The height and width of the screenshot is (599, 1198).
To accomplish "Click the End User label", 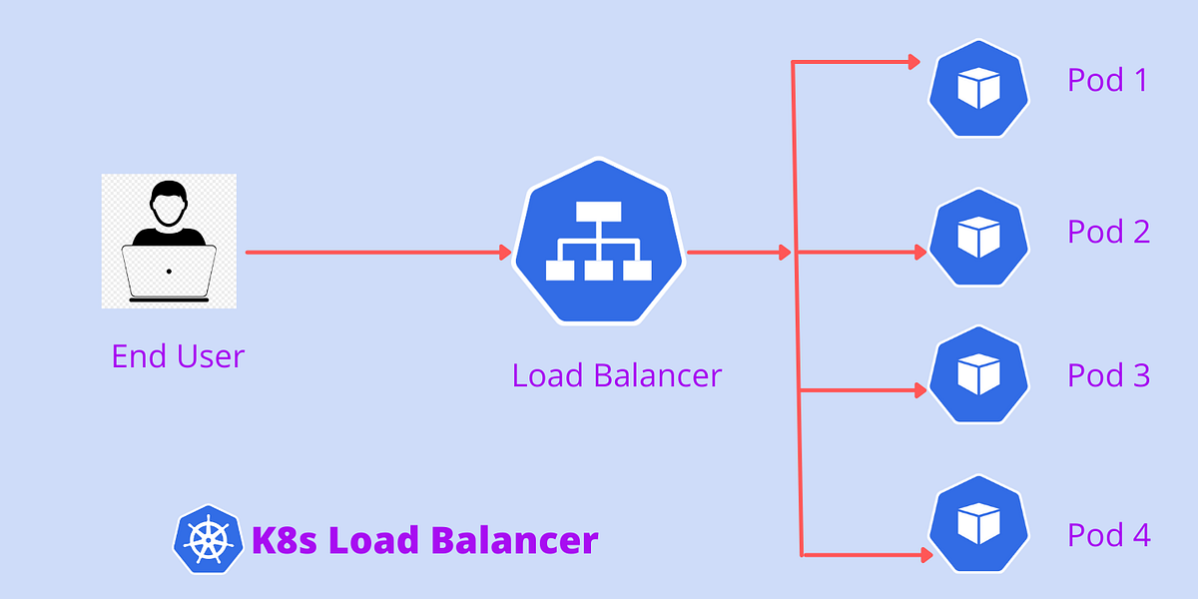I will click(178, 356).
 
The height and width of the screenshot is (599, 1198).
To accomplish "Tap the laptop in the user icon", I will click(169, 273).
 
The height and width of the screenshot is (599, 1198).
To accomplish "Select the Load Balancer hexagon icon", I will click(598, 243).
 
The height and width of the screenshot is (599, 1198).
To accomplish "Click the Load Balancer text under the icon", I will click(616, 376).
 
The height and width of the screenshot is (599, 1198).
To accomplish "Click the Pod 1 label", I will click(1107, 80).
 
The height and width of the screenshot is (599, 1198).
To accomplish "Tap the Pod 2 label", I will click(1108, 232).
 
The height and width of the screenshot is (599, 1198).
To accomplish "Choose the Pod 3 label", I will click(1108, 375).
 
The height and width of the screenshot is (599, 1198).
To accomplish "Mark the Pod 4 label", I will click(1108, 535).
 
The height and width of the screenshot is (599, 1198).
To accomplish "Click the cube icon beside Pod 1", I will click(978, 89).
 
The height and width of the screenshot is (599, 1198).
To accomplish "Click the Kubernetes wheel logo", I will click(208, 540).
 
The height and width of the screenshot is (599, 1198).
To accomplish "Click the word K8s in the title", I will click(286, 540).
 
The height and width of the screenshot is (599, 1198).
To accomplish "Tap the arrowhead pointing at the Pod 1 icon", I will click(913, 63).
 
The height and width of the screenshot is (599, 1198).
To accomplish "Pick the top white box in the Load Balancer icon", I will click(598, 212).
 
